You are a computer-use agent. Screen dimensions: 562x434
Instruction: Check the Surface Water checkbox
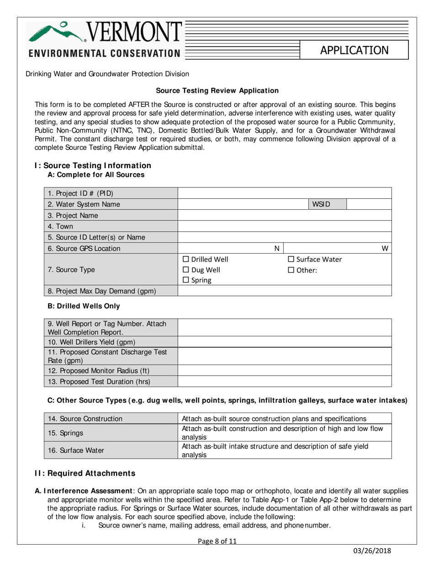coord(291,260)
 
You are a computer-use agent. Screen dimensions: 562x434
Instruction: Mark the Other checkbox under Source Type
coord(291,270)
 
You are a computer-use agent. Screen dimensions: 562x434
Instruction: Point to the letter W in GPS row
coord(385,248)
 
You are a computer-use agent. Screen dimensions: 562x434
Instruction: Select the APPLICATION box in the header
coord(354,50)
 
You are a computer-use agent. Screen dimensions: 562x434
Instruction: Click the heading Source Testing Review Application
coord(217,91)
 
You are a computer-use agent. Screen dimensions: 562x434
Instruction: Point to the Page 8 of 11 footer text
coord(217,541)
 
